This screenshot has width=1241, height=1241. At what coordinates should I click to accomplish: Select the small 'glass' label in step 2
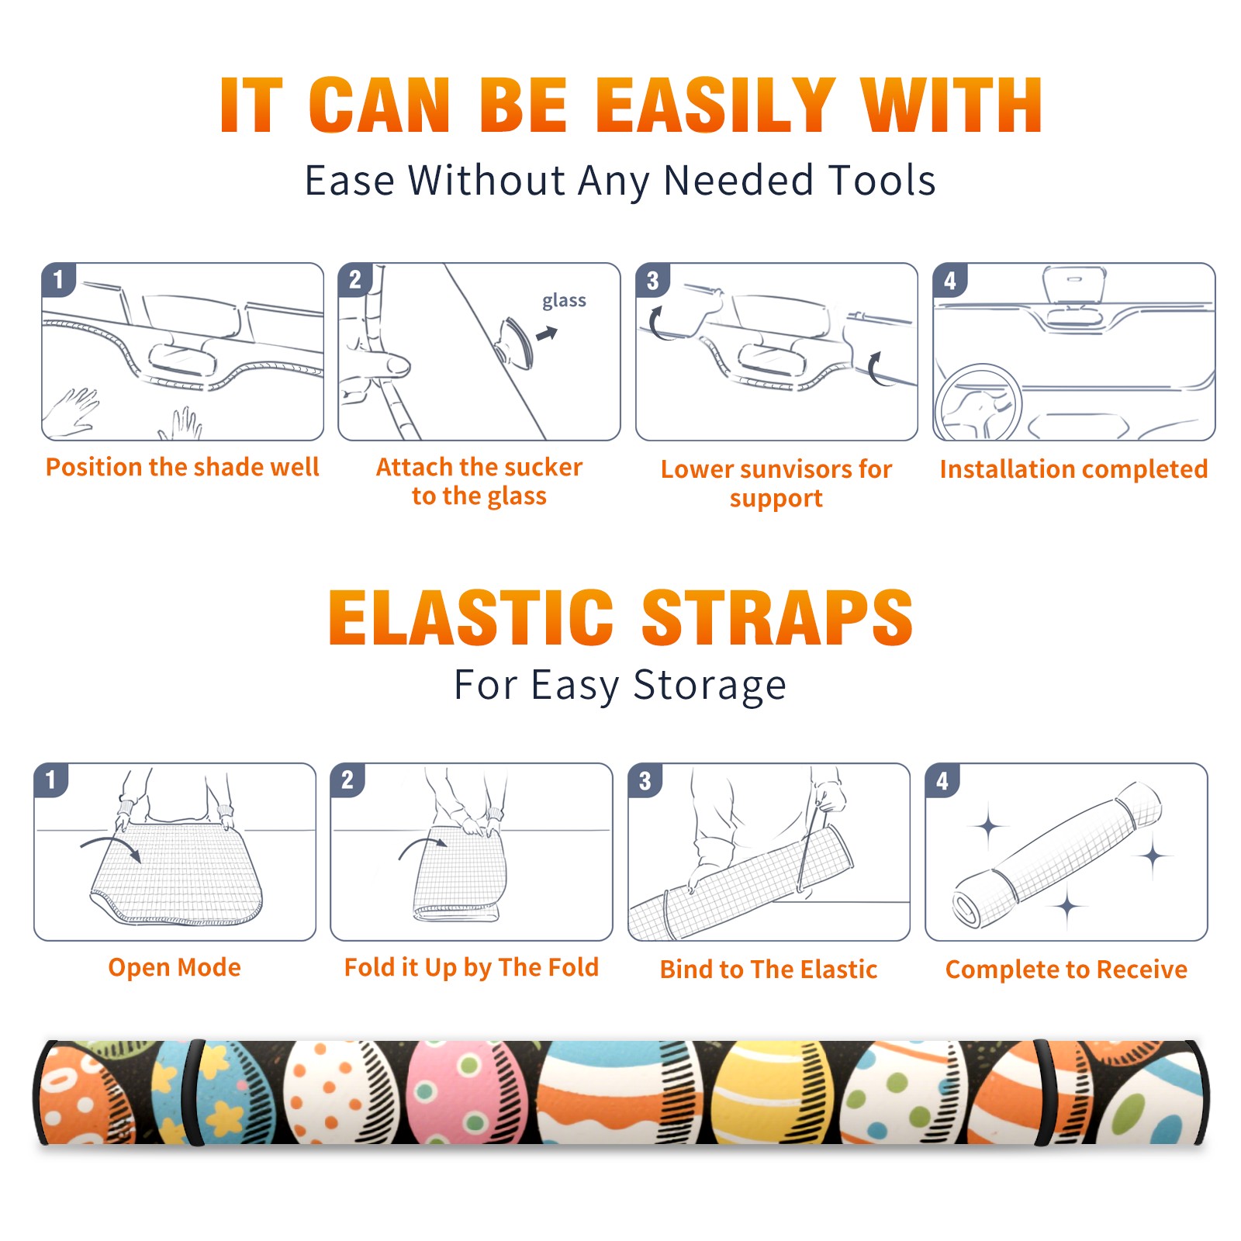(564, 301)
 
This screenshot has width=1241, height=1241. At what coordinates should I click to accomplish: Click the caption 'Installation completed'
(1073, 468)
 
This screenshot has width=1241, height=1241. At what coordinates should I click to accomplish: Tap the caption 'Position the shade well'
(182, 467)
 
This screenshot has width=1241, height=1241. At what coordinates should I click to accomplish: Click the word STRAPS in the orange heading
(777, 617)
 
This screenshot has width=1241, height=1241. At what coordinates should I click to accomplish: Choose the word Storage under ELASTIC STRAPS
(710, 686)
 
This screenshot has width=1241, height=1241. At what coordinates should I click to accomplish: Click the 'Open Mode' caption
(175, 967)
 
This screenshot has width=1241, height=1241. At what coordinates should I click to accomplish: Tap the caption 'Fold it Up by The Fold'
(472, 968)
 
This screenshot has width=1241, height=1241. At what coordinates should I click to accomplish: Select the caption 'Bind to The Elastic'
(769, 970)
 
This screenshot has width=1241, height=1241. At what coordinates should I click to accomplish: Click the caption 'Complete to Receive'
(1066, 970)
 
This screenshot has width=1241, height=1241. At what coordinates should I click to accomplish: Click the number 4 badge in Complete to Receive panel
(942, 780)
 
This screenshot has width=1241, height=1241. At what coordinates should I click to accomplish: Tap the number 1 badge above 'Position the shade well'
(58, 279)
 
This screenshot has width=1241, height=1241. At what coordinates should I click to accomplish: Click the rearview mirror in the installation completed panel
(1074, 285)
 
